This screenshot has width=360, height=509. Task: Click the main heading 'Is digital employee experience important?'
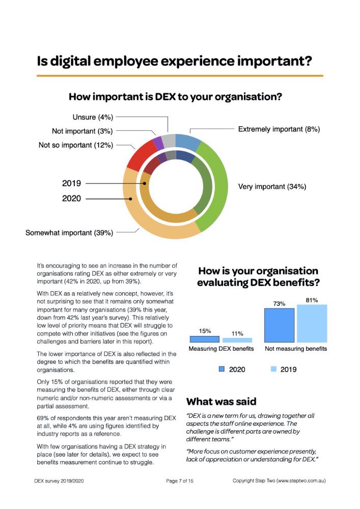pos(174,62)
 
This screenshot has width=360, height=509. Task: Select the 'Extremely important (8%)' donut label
pos(279,129)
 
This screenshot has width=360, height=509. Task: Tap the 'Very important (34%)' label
pos(272,187)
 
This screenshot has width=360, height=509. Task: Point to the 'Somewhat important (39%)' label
pos(69,233)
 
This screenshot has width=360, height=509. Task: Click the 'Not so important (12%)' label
pos(76,146)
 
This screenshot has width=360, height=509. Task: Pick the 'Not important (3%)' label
pos(82,131)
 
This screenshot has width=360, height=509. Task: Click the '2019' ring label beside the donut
pos(71,183)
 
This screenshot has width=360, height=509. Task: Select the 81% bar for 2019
pos(312,323)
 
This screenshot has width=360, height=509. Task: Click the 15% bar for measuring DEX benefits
pos(205,338)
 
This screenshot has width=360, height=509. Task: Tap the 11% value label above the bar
pos(237,333)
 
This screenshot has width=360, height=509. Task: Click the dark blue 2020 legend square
pos(221,369)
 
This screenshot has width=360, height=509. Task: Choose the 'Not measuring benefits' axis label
pos(296,349)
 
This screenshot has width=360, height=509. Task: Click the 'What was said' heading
pos(221,401)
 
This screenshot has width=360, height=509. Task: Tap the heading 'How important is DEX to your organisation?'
pos(175,96)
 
